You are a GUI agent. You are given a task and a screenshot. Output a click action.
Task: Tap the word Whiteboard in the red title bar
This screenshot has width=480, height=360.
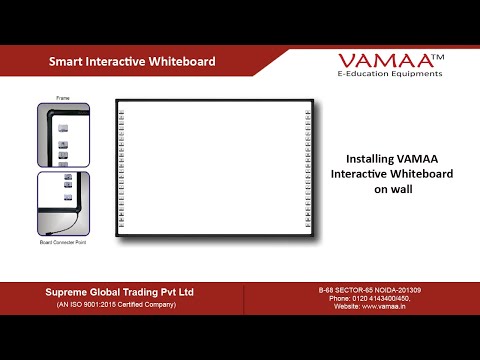[x=183, y=62]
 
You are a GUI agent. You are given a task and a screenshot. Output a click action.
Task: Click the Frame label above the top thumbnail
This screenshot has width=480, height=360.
[x=63, y=99]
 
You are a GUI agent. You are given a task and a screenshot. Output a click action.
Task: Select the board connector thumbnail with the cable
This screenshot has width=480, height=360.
[x=63, y=203]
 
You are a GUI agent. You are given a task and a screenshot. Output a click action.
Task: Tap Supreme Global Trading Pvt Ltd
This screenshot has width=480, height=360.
[x=119, y=292]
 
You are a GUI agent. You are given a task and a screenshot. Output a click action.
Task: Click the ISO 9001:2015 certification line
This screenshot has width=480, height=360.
[x=119, y=304]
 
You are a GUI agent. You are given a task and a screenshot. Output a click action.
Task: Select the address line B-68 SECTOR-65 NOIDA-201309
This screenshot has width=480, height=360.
[x=369, y=290]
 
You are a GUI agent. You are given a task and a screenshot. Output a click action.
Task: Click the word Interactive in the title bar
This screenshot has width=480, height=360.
[x=117, y=62]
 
